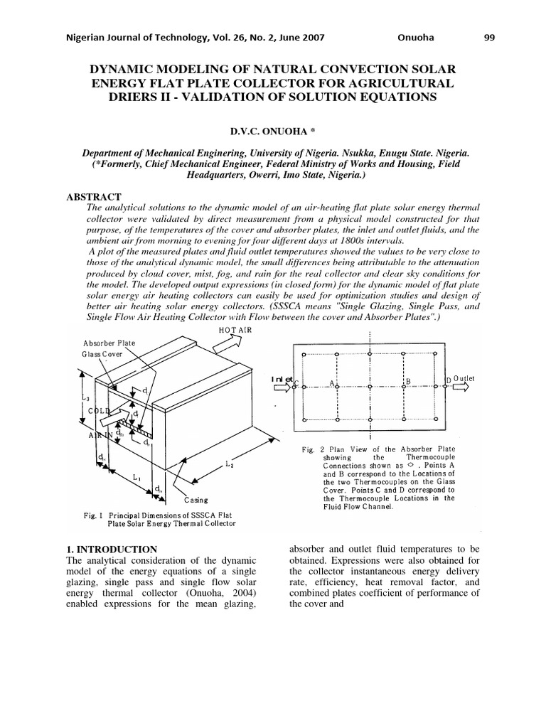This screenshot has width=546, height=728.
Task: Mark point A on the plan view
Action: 332,382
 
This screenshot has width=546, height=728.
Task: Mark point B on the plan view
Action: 407,382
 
